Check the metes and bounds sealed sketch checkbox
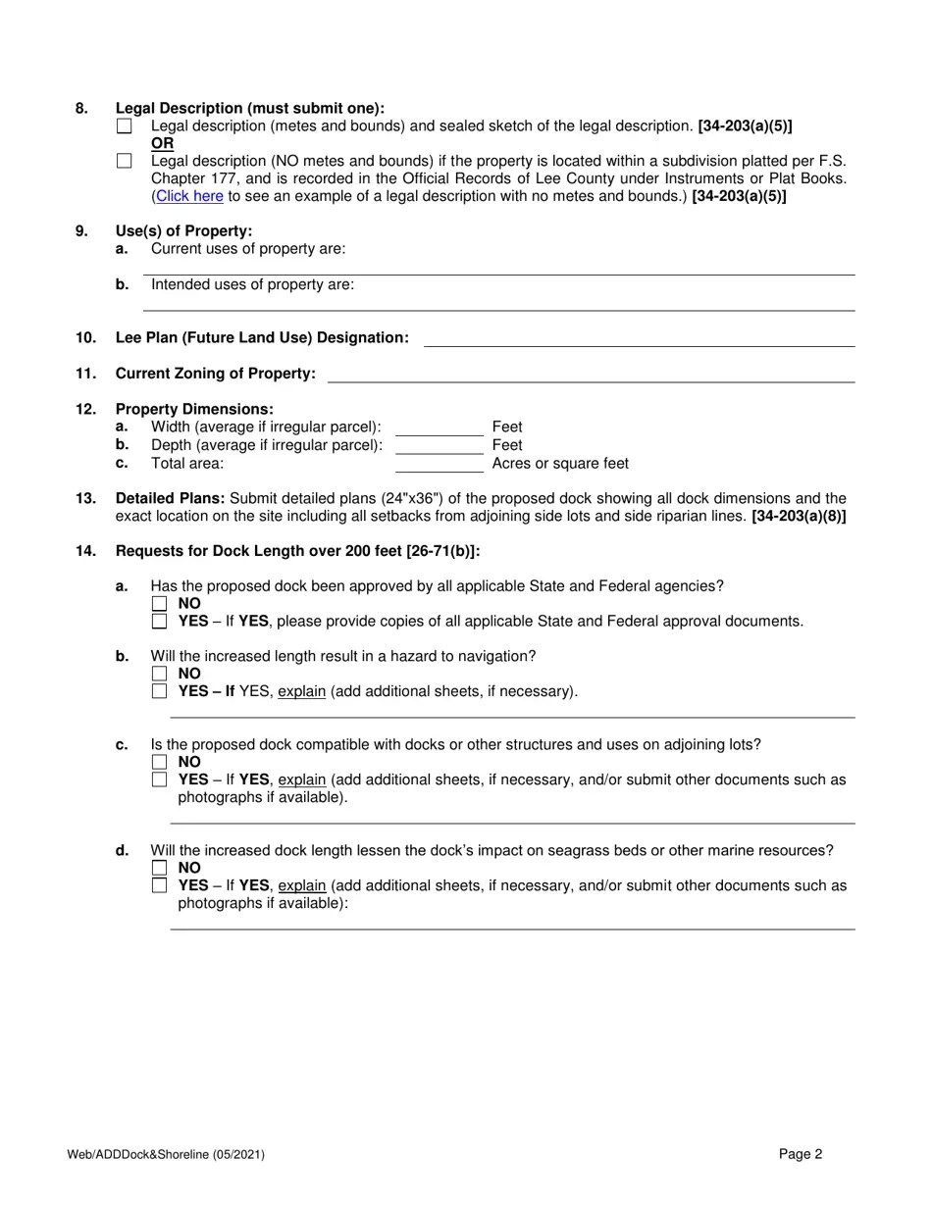[x=124, y=126]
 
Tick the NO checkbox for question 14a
[x=160, y=604]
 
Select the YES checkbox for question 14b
[x=160, y=691]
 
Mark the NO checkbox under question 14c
[x=160, y=762]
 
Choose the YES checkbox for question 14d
[x=160, y=885]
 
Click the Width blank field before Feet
[x=439, y=427]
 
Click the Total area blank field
[x=439, y=464]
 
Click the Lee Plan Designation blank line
[x=639, y=338]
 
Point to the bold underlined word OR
[x=162, y=144]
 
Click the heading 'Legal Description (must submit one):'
[x=250, y=109]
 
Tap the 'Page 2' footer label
[x=801, y=1154]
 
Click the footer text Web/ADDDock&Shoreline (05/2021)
[x=166, y=1155]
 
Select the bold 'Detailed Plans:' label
[x=170, y=498]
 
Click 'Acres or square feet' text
[x=560, y=464]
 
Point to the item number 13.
[x=85, y=498]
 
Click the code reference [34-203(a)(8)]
[x=799, y=516]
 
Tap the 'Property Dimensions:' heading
[x=194, y=409]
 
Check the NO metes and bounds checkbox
[x=124, y=161]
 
